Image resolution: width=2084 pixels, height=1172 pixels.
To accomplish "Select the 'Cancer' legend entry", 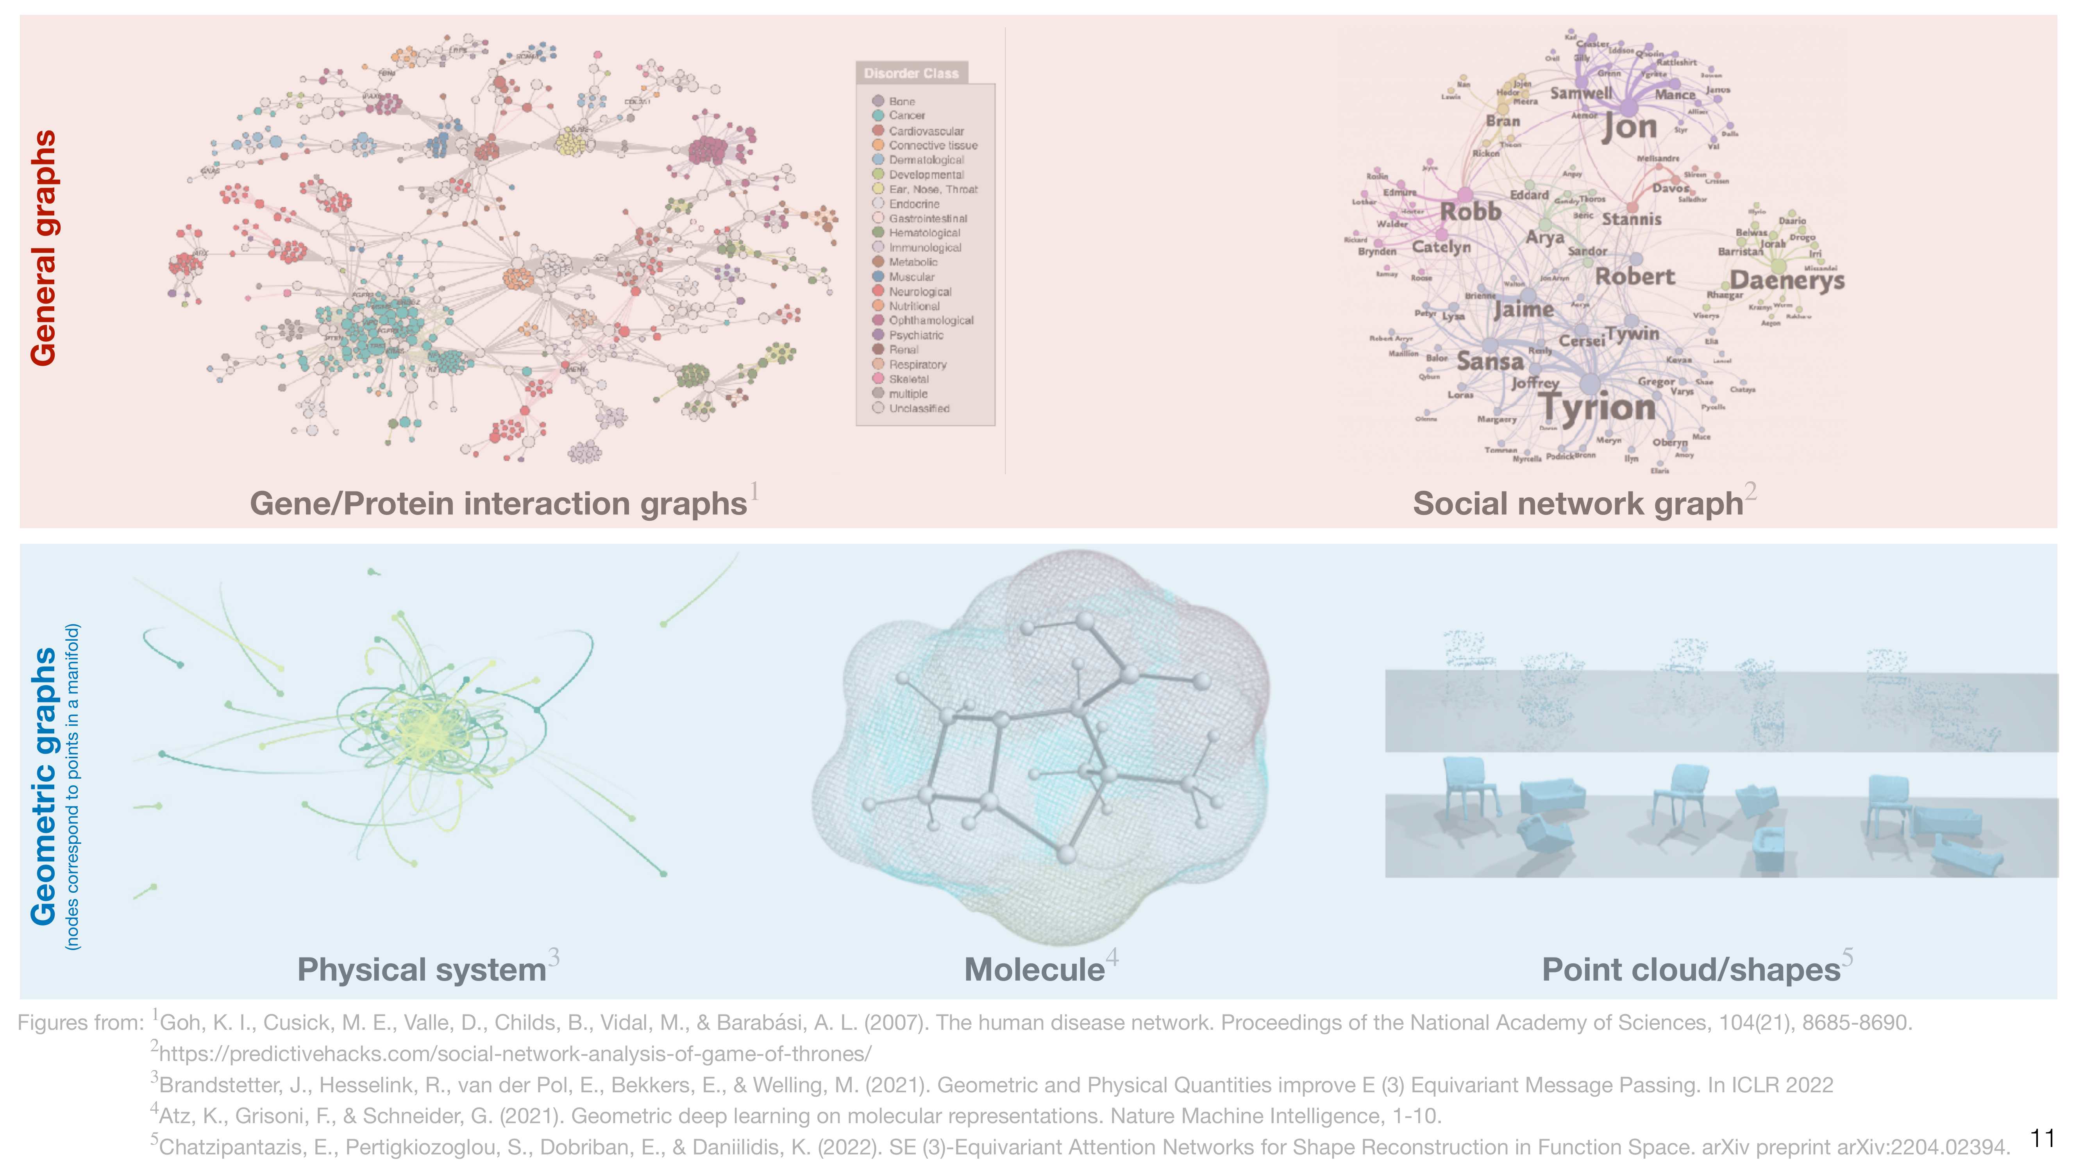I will click(x=906, y=116).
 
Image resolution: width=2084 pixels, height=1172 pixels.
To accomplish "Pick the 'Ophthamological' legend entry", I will click(x=930, y=320).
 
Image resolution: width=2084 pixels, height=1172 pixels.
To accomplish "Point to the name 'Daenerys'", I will click(x=1787, y=280).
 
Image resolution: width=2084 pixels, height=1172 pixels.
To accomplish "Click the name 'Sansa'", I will click(x=1490, y=361).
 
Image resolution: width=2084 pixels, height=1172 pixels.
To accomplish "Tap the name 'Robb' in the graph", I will click(x=1471, y=212).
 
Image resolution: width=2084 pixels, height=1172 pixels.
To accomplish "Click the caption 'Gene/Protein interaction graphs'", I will click(x=497, y=503).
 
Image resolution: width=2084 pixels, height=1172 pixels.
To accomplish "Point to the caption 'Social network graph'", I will click(x=1578, y=503).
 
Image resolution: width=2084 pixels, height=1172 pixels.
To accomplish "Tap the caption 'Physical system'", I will click(x=422, y=969).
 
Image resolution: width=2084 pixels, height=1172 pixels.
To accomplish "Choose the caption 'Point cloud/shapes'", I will click(x=1691, y=969).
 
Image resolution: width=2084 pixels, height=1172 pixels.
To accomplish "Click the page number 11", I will click(x=2042, y=1139).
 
